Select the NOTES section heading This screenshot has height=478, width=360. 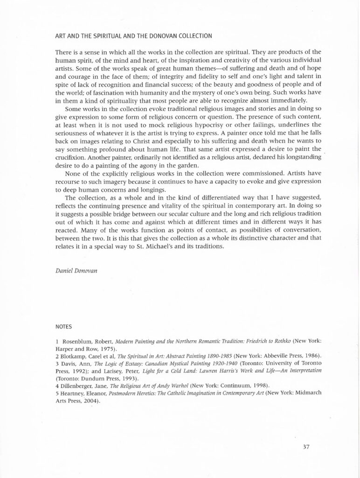click(63, 327)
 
